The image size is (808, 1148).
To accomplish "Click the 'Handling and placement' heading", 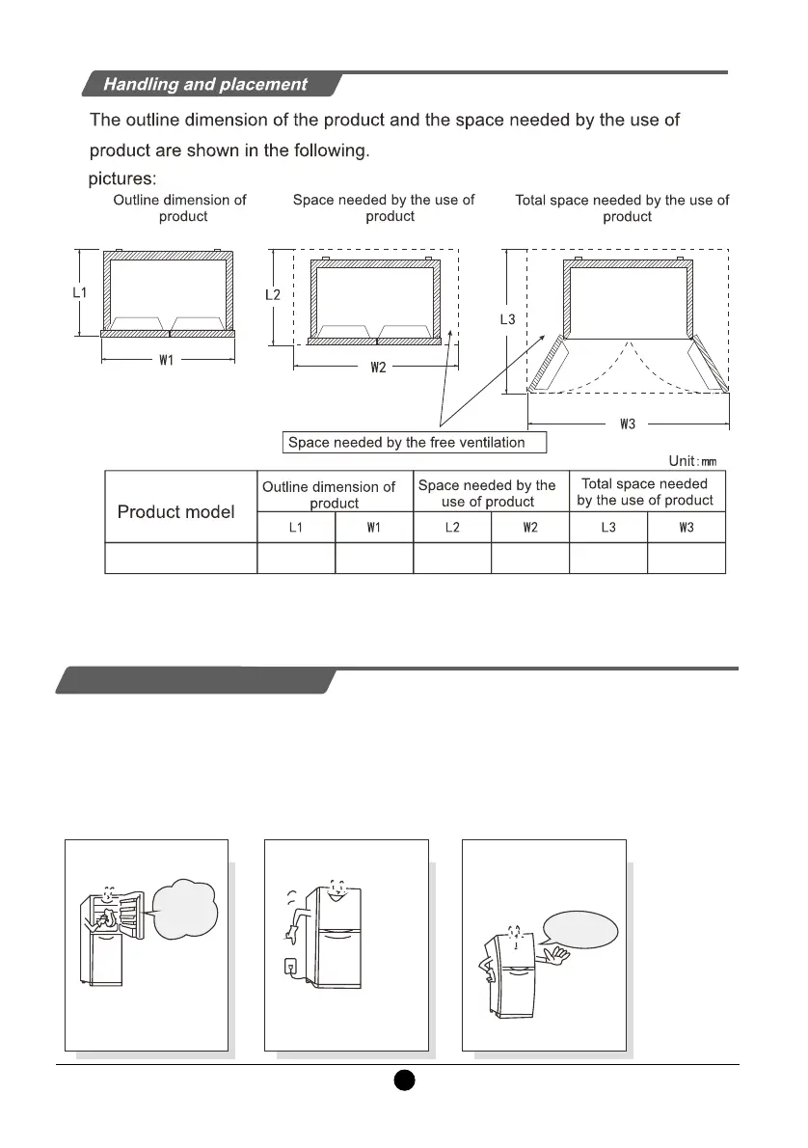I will (x=205, y=84).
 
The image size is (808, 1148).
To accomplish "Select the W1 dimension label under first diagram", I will (x=167, y=361).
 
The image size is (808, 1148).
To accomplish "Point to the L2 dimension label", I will (x=273, y=294).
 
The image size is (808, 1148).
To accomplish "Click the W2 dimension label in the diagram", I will (x=378, y=368).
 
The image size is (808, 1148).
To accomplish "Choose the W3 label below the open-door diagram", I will (x=628, y=423).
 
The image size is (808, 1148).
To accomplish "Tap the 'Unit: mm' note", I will (x=692, y=462).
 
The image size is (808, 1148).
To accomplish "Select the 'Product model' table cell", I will (x=175, y=511).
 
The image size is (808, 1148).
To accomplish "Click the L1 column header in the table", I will (x=296, y=528).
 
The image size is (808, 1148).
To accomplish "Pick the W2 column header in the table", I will (x=529, y=528).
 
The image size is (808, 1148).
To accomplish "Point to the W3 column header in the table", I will (x=686, y=528).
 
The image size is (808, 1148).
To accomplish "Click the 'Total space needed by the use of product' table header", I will (x=645, y=491).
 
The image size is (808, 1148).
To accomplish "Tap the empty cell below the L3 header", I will (x=607, y=559).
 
